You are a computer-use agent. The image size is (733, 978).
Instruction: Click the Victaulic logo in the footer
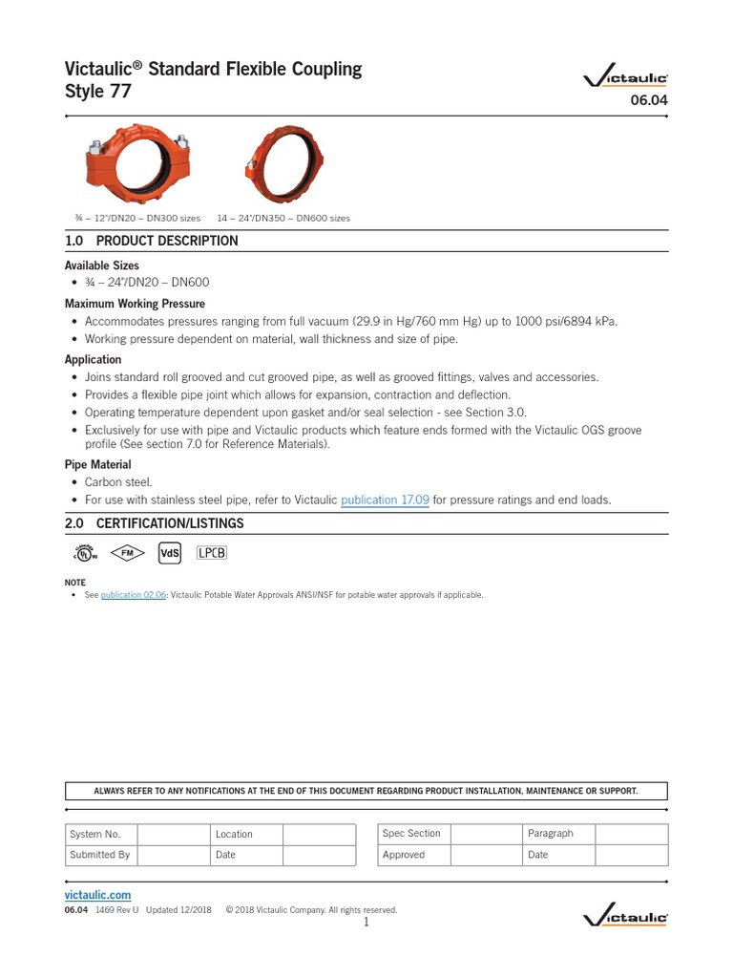(625, 917)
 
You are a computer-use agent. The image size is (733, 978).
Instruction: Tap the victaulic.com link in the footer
(97, 895)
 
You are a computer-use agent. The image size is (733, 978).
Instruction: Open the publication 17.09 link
(385, 500)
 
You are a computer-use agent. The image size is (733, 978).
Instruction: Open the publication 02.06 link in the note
(134, 595)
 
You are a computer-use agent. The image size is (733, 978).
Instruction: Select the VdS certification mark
(169, 553)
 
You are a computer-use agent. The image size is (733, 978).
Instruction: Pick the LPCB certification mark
(212, 553)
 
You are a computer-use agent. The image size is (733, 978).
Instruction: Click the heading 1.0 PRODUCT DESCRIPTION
(151, 241)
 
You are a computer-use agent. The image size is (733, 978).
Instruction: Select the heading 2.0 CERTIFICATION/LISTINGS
(154, 523)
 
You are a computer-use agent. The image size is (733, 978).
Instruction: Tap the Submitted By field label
(99, 855)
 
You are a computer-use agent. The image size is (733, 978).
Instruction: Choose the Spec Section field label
(411, 834)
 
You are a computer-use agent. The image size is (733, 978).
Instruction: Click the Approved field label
(404, 855)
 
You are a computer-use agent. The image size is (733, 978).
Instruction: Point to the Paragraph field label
(551, 834)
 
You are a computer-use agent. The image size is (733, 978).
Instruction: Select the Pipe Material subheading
(97, 464)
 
